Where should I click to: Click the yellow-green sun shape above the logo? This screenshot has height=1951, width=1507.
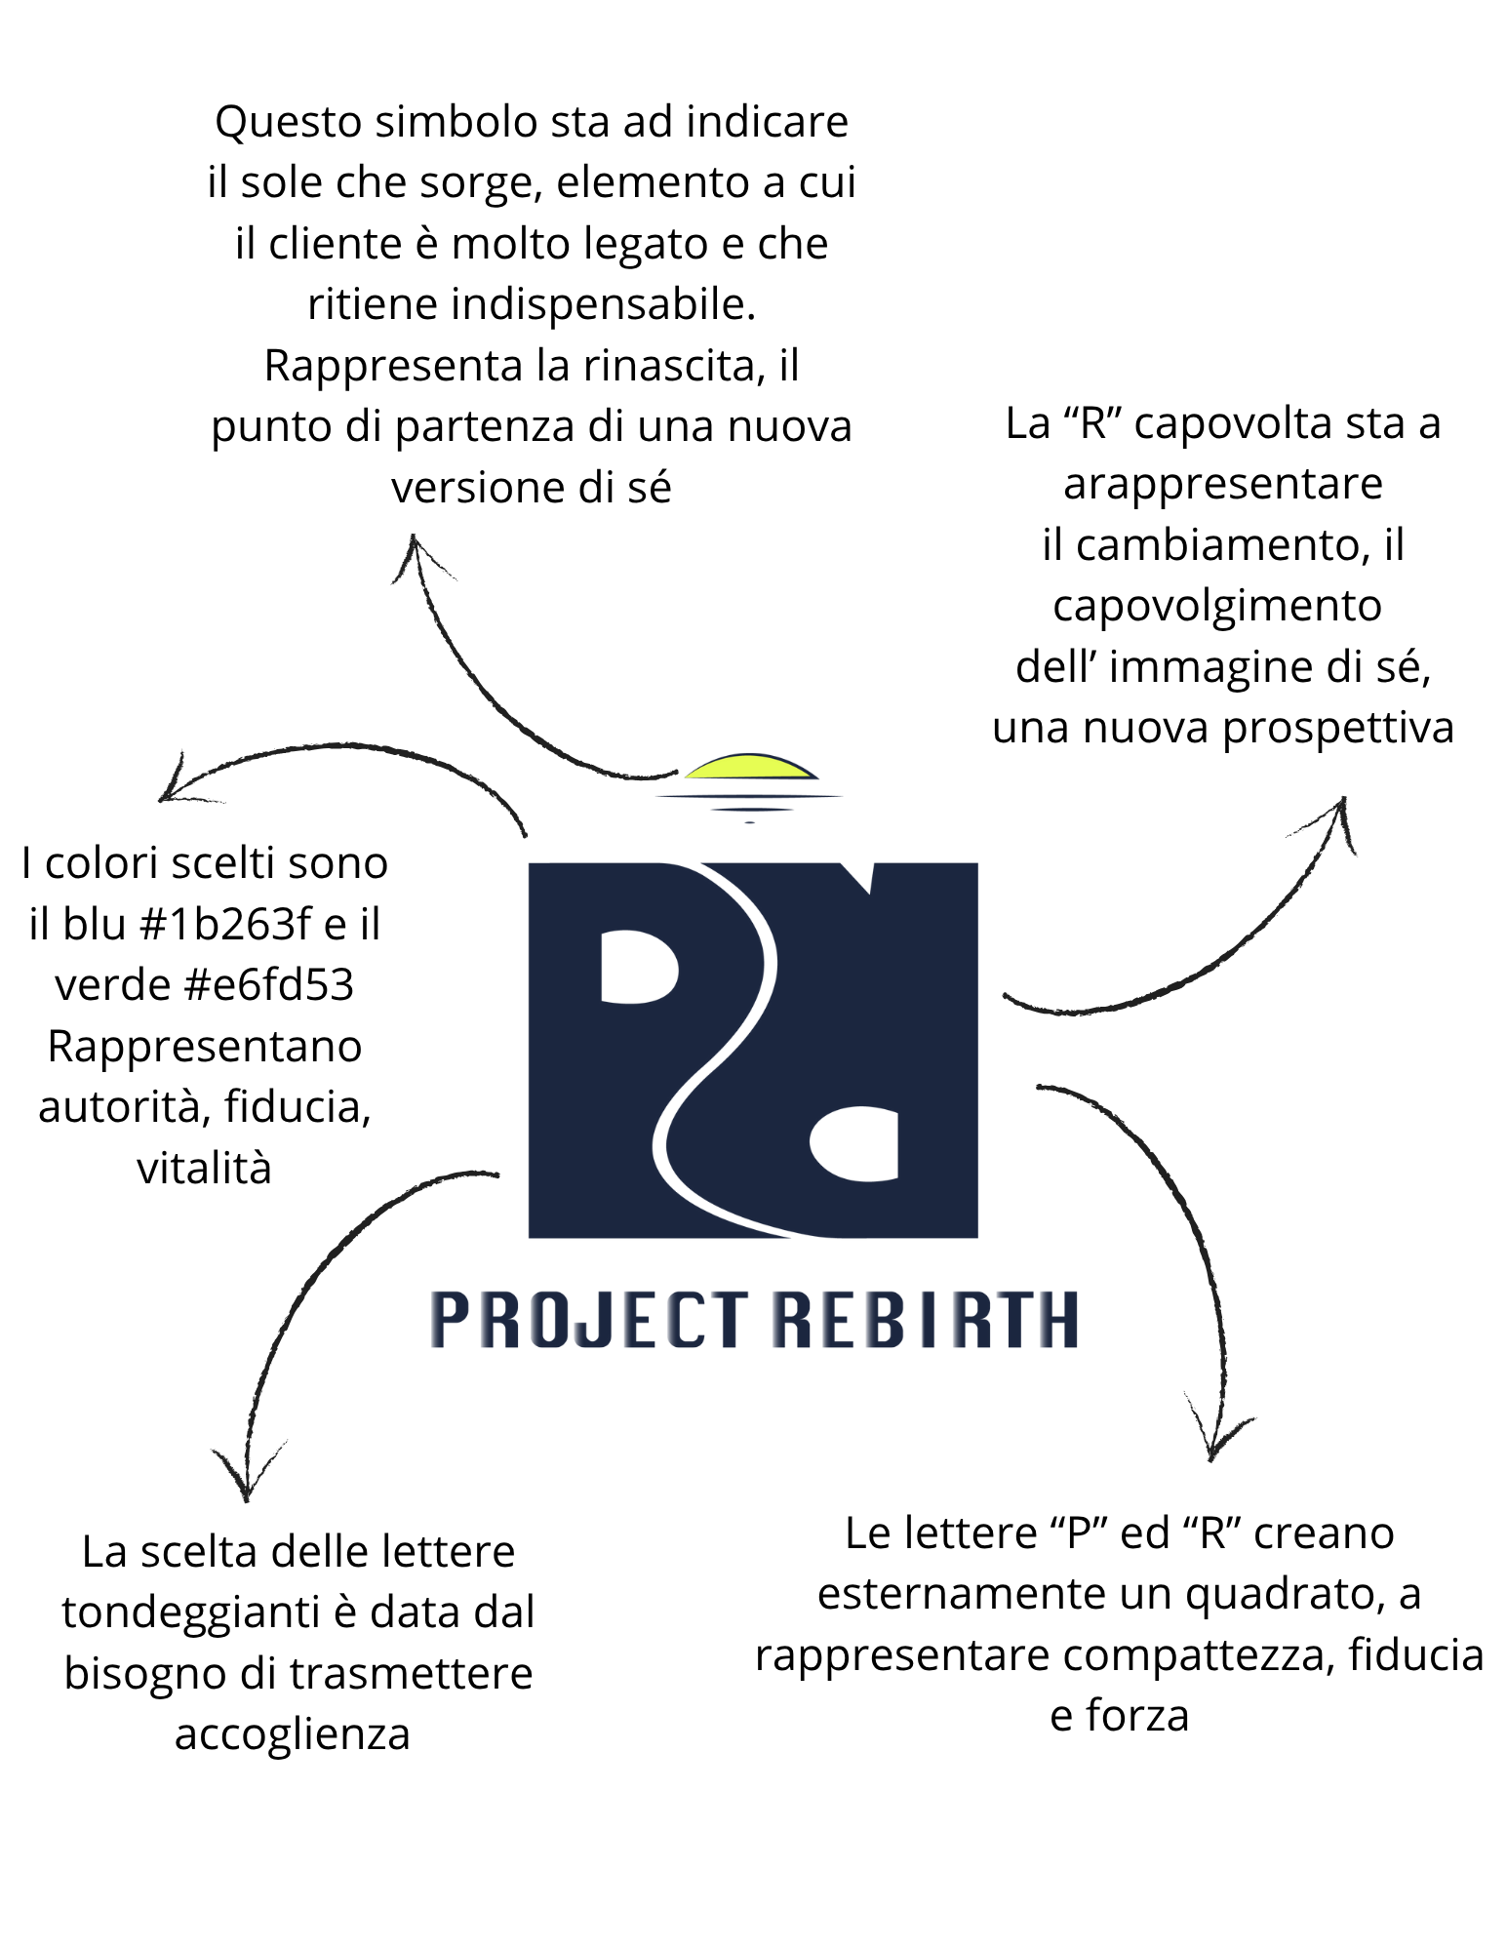tap(750, 767)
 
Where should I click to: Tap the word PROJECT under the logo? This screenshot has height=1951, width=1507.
tap(589, 1320)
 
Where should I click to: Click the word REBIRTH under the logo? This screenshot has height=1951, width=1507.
tap(925, 1320)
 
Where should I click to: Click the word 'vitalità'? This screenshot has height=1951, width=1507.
tap(204, 1168)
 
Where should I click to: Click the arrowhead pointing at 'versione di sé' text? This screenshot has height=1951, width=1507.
tap(417, 553)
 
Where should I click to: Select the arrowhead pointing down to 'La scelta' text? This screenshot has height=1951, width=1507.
tap(247, 1472)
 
